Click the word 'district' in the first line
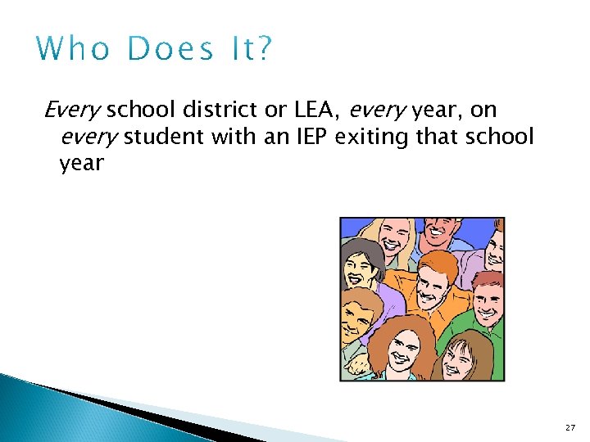point(215,109)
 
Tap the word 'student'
point(166,136)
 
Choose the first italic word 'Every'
point(72,109)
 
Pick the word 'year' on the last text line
point(81,164)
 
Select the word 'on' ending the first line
point(483,109)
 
